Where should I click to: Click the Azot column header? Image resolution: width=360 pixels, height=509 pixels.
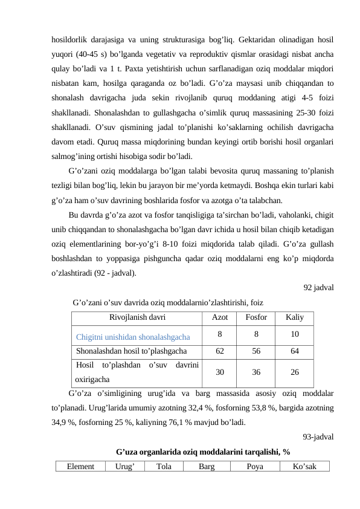pyautogui.click(x=220, y=317)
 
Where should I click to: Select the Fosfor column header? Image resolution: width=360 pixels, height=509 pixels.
pyautogui.click(x=257, y=317)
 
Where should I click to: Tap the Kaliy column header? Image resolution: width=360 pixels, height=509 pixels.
pyautogui.click(x=294, y=317)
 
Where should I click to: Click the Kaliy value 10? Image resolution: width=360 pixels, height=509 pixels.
pyautogui.click(x=294, y=334)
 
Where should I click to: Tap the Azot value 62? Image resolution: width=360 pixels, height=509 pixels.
pyautogui.click(x=220, y=351)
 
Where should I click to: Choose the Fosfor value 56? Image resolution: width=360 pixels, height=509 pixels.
pyautogui.click(x=257, y=351)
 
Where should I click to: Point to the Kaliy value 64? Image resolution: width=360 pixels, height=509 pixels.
pyautogui.click(x=294, y=351)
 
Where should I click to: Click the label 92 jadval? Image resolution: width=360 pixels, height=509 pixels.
pyautogui.click(x=318, y=287)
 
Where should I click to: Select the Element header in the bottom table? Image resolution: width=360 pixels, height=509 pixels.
pyautogui.click(x=80, y=466)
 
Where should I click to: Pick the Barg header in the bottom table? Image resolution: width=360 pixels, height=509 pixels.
pyautogui.click(x=206, y=466)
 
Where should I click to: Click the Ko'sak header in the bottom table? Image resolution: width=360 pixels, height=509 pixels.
pyautogui.click(x=304, y=466)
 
